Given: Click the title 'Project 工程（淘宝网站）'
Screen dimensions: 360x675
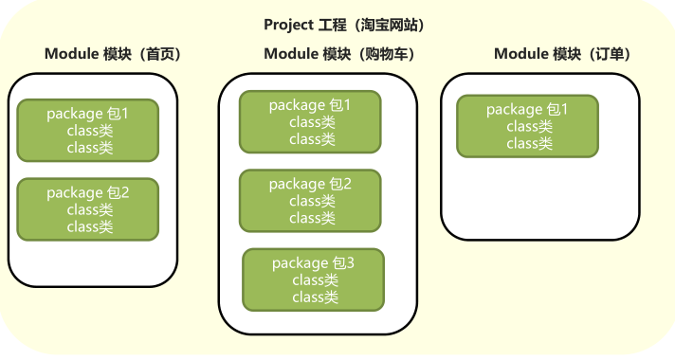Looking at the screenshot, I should point(343,24).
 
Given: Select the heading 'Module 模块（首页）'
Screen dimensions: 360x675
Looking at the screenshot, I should point(113,54).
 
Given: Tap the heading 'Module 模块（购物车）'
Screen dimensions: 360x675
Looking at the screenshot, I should point(339,54).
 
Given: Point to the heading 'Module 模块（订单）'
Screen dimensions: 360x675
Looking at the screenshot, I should point(563,54).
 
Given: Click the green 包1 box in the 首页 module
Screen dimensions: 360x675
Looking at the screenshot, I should point(88,131).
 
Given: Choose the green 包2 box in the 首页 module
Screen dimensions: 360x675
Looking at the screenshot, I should point(88,209).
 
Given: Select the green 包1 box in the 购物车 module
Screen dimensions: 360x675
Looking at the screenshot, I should point(310,122).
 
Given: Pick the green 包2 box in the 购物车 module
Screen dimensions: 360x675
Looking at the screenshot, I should point(310,201).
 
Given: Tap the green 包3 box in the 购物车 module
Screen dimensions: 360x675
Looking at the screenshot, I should point(314,279).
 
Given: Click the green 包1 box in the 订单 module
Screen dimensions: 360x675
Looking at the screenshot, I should point(527,126).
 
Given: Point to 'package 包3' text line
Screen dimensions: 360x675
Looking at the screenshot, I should point(314,262).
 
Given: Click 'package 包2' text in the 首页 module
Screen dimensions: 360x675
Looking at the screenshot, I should point(88,192).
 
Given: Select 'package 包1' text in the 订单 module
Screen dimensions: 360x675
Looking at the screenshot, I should point(527,109).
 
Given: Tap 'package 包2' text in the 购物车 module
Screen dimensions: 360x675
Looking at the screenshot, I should point(310,184).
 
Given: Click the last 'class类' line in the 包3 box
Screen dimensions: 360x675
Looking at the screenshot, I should point(315,297).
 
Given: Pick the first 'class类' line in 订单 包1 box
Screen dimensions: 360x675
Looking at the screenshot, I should point(529,126).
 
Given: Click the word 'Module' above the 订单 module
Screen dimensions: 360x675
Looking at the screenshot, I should point(520,54).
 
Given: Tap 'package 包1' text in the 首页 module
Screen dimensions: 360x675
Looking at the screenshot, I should point(88,114).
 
